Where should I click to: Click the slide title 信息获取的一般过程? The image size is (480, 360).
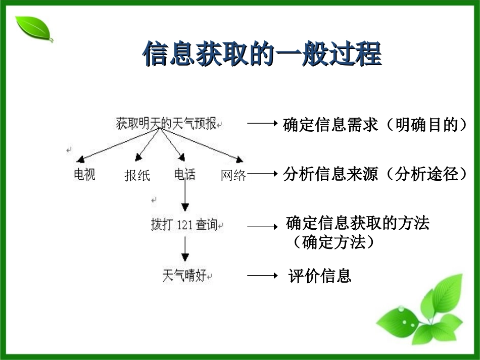pos(262,54)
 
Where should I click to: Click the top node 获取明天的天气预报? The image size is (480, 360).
pos(166,124)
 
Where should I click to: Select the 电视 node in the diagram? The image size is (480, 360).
pos(84,175)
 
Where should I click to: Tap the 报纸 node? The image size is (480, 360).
pos(137,175)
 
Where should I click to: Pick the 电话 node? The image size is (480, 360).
pos(184,175)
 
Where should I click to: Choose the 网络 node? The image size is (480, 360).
pos(233,175)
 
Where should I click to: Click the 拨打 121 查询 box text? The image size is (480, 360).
pos(184,224)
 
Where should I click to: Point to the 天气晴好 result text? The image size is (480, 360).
pos(184,276)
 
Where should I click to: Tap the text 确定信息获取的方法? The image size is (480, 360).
pos(357,223)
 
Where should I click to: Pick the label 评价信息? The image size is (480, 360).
pos(320,276)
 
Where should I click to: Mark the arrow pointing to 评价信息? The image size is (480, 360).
pos(262,276)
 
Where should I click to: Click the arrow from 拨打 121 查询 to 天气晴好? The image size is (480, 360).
pos(185,250)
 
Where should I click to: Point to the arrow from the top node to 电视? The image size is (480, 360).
pos(116,143)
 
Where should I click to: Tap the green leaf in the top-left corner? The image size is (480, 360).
pos(33,29)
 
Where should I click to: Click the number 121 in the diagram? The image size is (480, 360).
pos(185,225)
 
